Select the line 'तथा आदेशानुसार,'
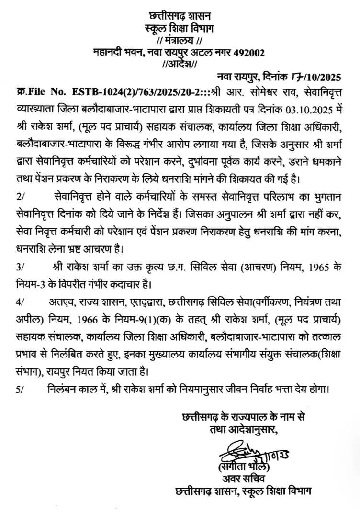pos(240,430)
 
